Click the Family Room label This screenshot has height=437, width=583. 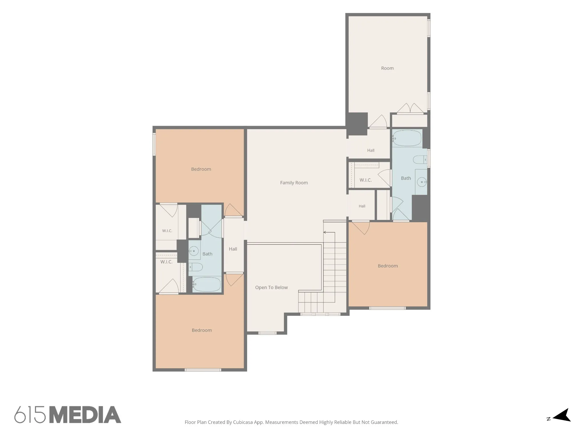coord(294,183)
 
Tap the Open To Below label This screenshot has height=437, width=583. coord(271,287)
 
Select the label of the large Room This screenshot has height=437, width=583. coord(387,68)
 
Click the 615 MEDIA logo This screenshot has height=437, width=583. coord(68,415)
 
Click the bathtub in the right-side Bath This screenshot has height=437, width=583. coord(407,138)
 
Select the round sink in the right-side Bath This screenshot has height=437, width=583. coord(422,182)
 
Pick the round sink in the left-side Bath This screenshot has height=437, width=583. coord(194,251)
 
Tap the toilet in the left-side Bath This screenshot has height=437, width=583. coord(196,267)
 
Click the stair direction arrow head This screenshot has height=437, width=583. coord(325,232)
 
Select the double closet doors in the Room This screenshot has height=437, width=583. coord(410,108)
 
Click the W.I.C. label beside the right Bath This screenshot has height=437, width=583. coord(366,180)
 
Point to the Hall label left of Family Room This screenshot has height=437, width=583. coord(233,249)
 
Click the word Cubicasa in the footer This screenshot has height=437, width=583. coord(243,422)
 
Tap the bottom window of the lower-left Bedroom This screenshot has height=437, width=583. coord(203,370)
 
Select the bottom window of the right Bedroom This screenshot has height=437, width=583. coord(387,308)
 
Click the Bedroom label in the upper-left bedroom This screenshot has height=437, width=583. coord(201,169)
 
